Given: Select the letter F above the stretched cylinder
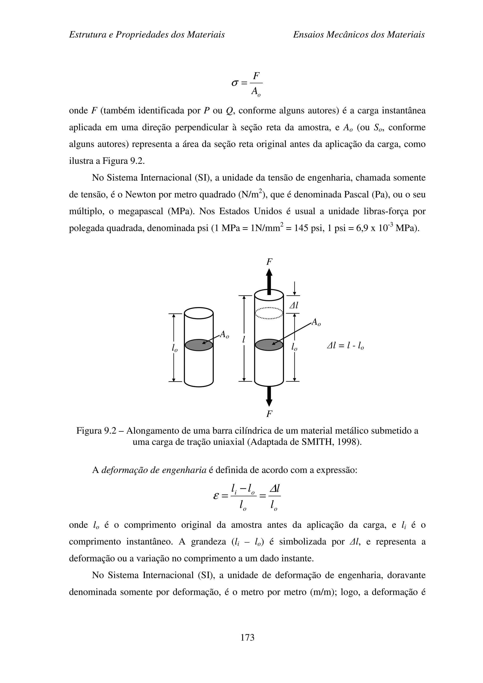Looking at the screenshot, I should click(x=269, y=262).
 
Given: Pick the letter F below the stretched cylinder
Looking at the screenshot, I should click(x=269, y=414).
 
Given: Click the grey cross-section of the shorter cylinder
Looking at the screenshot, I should click(x=199, y=345).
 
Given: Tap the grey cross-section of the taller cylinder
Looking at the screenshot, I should click(x=269, y=345).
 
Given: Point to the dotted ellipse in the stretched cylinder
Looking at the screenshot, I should click(x=269, y=313).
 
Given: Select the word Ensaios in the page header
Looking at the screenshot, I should click(x=308, y=35).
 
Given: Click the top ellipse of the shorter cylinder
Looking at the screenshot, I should click(x=199, y=313).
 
